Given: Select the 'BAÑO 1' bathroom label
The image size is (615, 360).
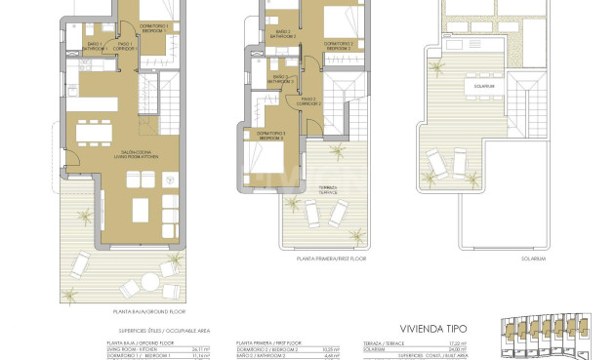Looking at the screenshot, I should [94, 45].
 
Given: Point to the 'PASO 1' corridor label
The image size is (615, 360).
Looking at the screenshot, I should [125, 45].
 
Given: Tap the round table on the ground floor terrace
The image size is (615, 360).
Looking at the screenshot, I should [151, 281].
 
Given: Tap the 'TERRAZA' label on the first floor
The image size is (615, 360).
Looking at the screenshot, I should [326, 190].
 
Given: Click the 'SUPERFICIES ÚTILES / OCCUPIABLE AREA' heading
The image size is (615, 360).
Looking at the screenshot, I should [145, 332].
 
